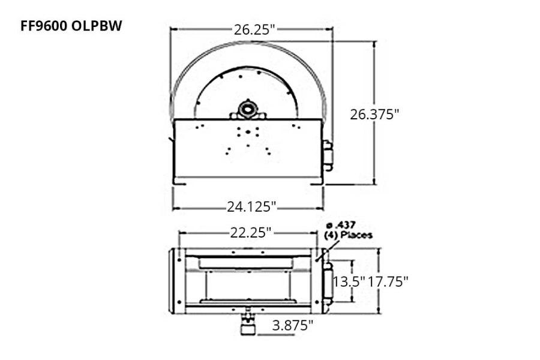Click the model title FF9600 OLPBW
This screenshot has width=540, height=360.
coord(71,26)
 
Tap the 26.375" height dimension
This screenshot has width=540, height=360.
coord(375,114)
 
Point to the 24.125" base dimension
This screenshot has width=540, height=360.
coord(251,207)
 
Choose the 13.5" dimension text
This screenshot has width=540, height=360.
coord(349,281)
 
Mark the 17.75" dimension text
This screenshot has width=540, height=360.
coord(389,281)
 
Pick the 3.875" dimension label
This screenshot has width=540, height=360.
coord(293,325)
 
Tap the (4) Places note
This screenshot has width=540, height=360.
coord(348,235)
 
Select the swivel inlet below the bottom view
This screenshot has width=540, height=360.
coord(247,324)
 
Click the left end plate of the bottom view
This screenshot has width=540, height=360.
coord(177,280)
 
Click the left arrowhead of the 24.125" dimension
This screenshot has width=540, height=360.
coord(175,208)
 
